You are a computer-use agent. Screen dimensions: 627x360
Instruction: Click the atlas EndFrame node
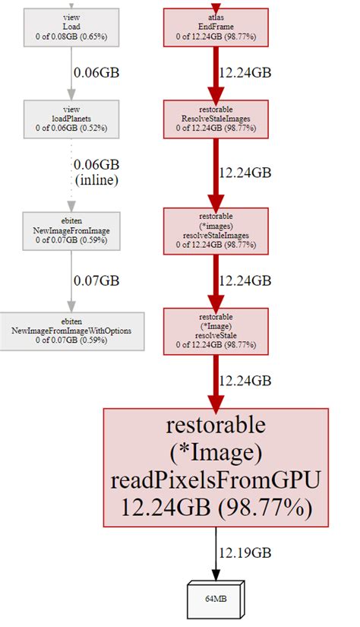215,26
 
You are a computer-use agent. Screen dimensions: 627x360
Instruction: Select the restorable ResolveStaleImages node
215,119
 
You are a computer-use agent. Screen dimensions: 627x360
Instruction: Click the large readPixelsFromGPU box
215,467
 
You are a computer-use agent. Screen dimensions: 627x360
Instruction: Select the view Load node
72,26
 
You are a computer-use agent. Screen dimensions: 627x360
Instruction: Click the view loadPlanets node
72,119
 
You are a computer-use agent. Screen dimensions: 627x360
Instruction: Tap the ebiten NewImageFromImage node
72,231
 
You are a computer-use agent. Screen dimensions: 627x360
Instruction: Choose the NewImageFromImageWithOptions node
72,331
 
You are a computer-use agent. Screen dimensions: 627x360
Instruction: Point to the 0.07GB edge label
96,280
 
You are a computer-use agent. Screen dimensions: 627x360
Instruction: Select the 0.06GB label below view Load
96,72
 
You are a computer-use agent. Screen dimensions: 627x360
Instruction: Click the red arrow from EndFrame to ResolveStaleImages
215,73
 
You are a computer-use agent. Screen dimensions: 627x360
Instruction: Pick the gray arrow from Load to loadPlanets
72,73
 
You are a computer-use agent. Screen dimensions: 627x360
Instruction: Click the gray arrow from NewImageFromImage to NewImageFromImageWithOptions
72,280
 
